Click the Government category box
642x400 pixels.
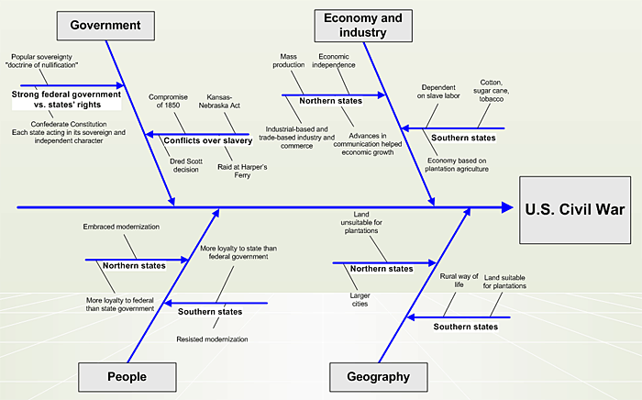point(105,25)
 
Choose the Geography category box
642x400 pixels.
point(378,376)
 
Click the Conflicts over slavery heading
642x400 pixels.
point(207,140)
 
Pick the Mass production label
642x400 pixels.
point(293,61)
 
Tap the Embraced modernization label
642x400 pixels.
point(121,226)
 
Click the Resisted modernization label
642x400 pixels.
point(212,339)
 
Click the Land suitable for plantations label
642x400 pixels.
point(505,281)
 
